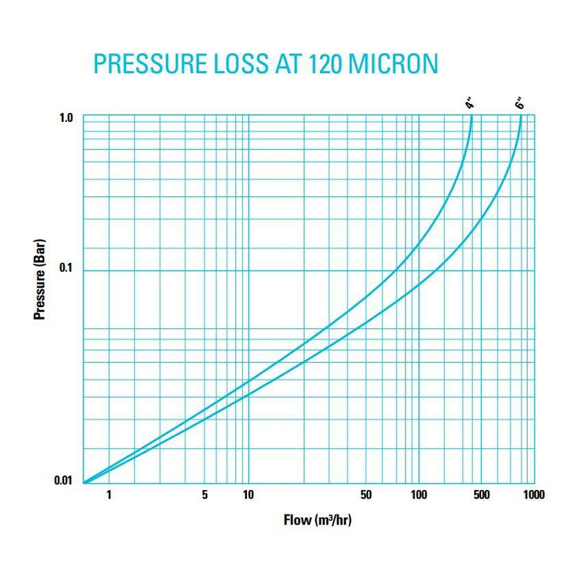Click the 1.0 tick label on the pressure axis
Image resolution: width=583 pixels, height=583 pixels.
(65, 118)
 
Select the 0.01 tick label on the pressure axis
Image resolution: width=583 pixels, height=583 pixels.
(63, 480)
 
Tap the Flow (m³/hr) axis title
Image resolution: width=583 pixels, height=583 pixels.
(317, 520)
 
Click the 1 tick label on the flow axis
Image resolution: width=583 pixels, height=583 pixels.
(109, 494)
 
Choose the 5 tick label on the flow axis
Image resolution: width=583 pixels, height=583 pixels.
(204, 494)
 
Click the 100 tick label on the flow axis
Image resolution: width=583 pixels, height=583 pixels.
(418, 494)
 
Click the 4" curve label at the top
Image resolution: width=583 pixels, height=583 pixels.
(469, 105)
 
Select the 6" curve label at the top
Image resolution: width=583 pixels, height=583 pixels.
(520, 105)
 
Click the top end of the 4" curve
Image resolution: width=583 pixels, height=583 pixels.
(471, 116)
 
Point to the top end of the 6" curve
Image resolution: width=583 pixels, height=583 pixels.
(521, 116)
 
